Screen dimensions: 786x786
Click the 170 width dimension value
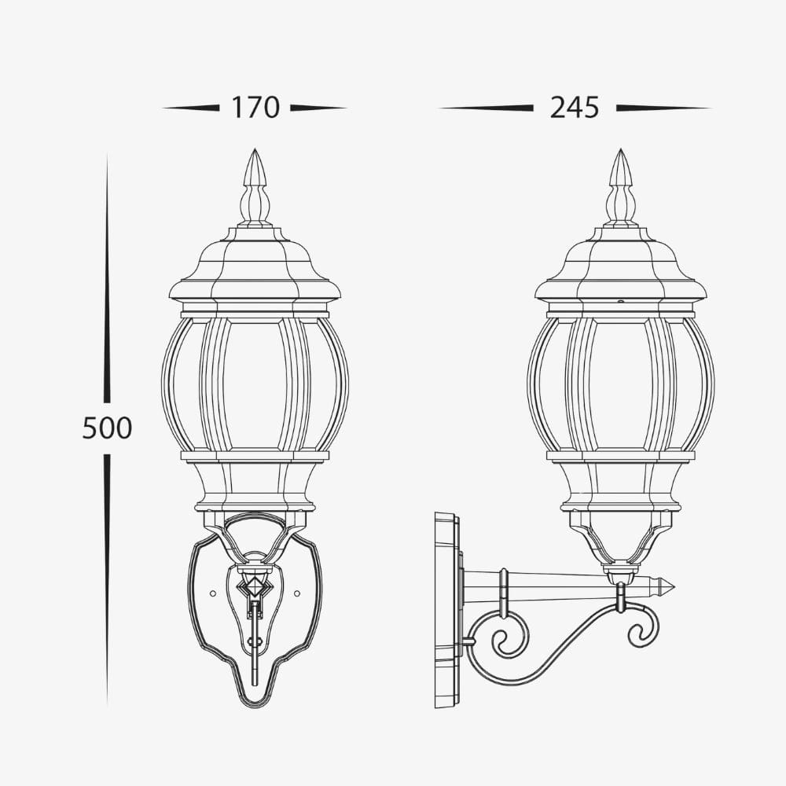click(x=255, y=108)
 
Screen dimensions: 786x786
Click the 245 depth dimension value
click(x=575, y=108)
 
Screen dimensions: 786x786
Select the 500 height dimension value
click(x=107, y=428)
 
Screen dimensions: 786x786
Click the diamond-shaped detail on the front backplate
click(x=255, y=586)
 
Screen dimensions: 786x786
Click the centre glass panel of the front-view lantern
click(x=255, y=385)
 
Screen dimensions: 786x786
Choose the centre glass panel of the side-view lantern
click(x=621, y=385)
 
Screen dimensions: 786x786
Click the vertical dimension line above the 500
click(x=107, y=275)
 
